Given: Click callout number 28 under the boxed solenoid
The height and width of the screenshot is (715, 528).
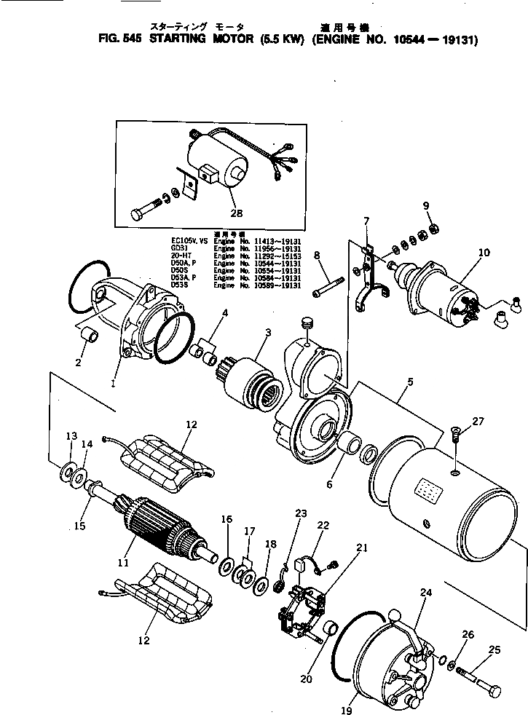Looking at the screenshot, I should click(x=237, y=213).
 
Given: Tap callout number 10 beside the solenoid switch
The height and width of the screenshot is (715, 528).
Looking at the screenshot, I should click(x=484, y=253).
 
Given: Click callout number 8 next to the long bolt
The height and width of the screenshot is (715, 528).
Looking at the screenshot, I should click(x=318, y=256).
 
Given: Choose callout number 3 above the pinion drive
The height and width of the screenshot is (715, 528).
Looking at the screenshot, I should click(x=268, y=333).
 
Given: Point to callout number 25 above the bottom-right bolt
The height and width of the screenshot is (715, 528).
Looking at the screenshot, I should click(x=494, y=649).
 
